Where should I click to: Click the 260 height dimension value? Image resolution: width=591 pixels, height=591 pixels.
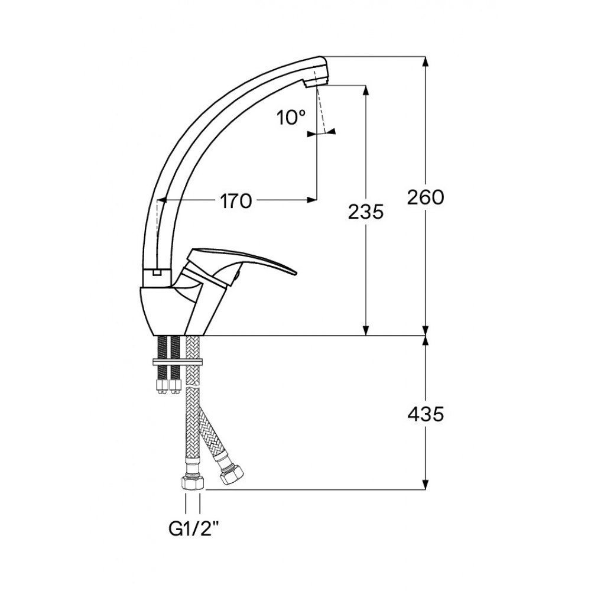click(426, 197)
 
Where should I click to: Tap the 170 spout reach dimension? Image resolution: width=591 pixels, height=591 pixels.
click(236, 202)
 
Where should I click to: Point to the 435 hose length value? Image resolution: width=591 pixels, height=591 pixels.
click(426, 415)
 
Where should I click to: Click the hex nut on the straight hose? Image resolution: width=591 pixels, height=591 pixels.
click(193, 482)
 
